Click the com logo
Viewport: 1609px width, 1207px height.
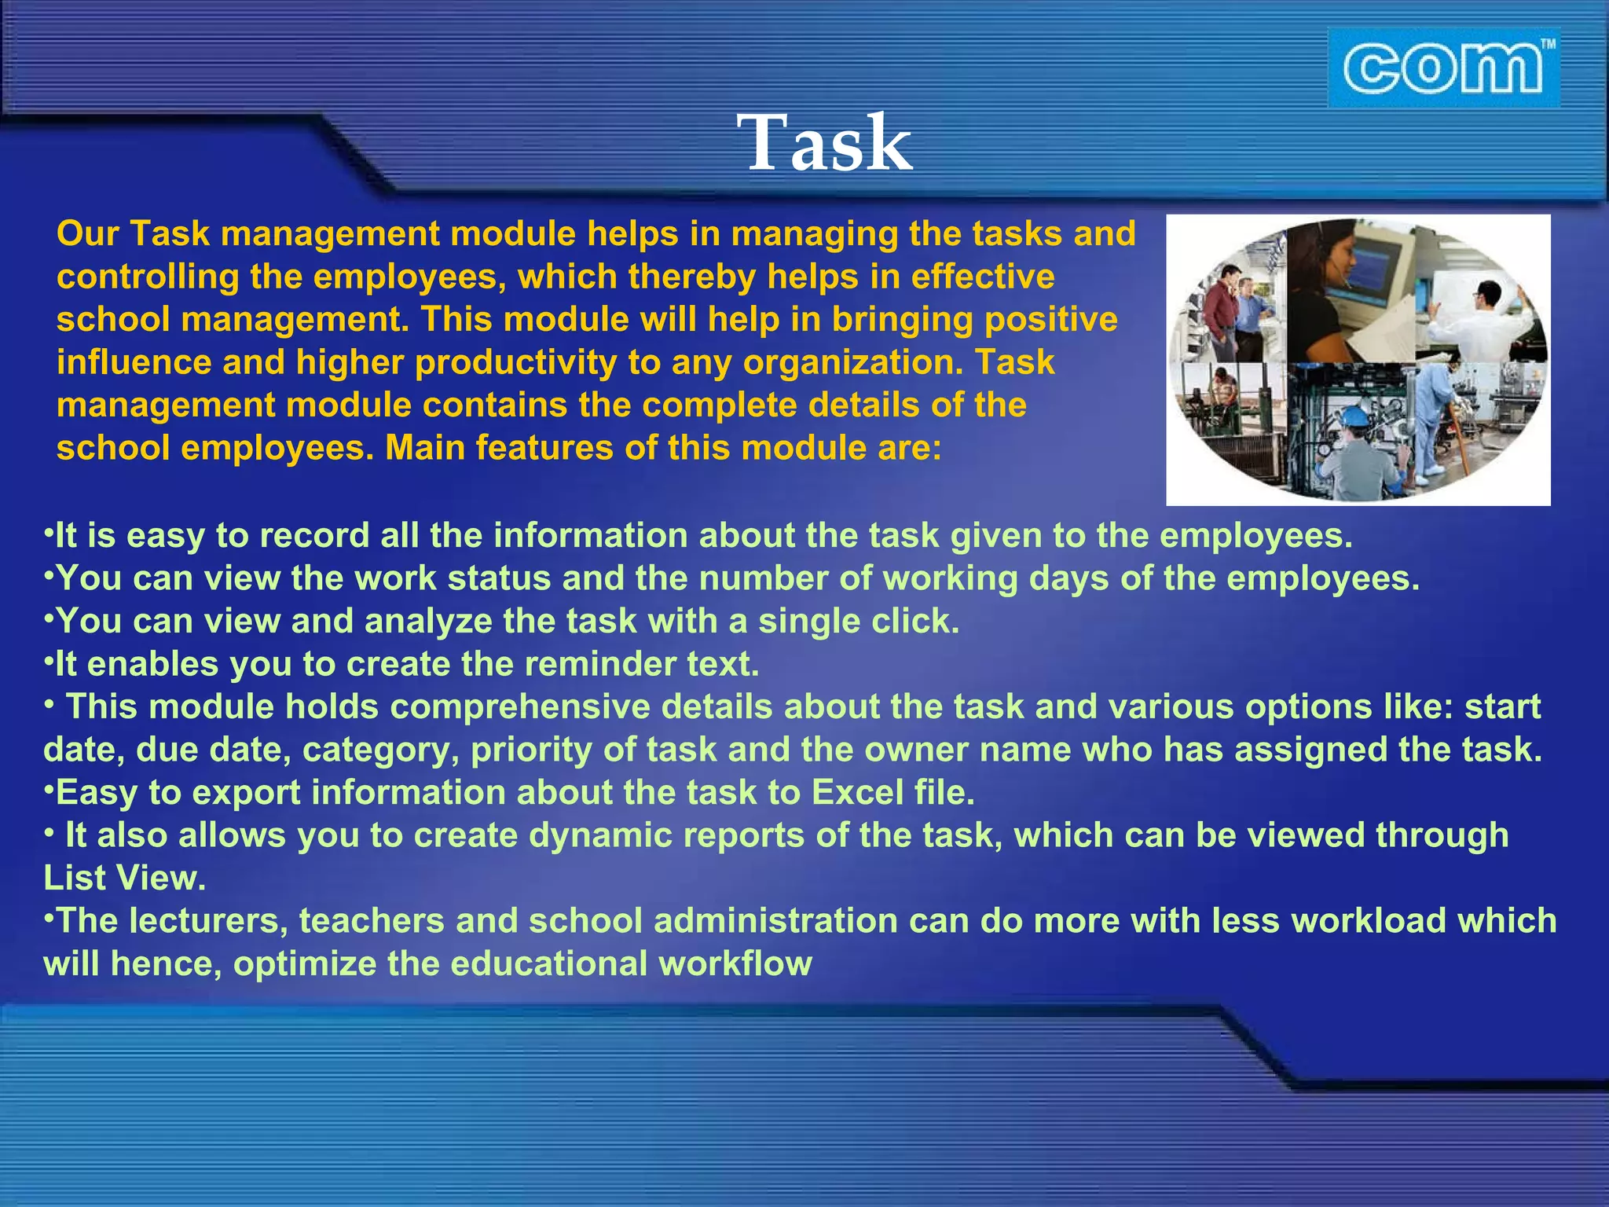click(1441, 69)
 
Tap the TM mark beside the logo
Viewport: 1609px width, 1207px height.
click(1547, 45)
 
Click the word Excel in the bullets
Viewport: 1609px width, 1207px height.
click(857, 792)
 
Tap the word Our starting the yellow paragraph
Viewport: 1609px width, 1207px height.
click(87, 234)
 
